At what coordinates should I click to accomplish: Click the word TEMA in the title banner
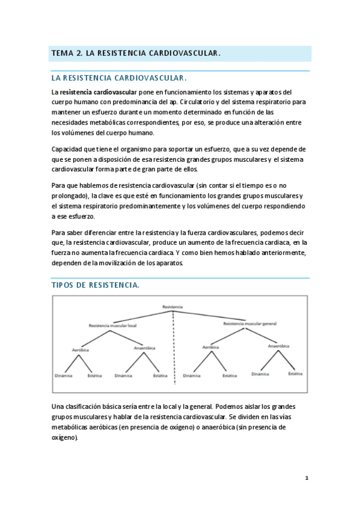click(x=61, y=54)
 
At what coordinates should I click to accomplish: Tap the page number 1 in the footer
click(x=306, y=478)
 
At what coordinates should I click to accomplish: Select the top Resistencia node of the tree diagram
click(x=172, y=307)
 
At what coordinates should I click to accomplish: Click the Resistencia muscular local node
click(x=112, y=325)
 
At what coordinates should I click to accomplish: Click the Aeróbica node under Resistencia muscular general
click(x=210, y=348)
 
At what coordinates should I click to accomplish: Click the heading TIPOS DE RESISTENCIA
click(x=96, y=286)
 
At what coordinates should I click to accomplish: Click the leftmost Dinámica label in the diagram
click(x=63, y=375)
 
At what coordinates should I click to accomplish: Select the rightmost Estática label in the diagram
click(x=295, y=373)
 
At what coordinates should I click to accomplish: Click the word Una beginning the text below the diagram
click(x=58, y=407)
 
